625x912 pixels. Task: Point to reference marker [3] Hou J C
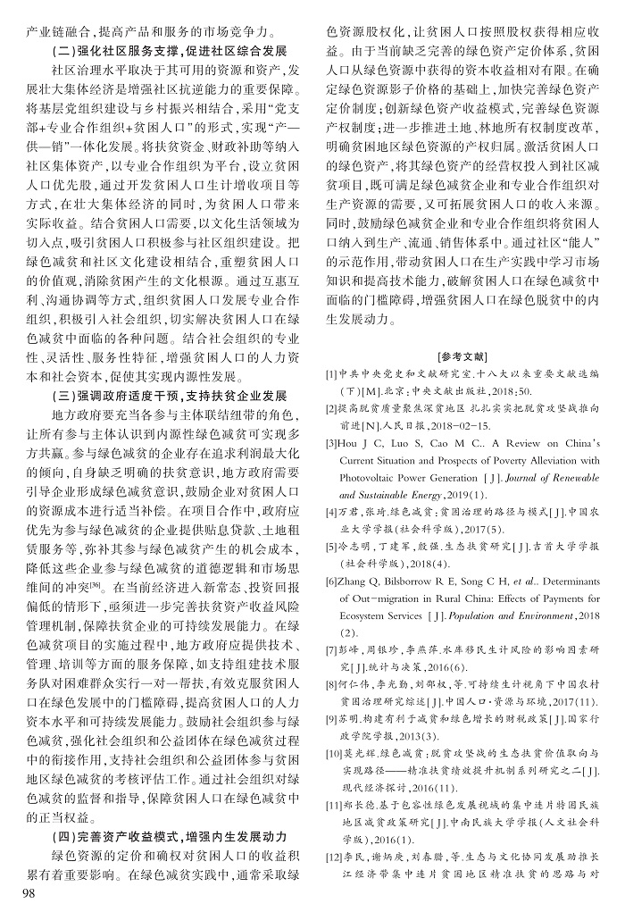click(x=331, y=443)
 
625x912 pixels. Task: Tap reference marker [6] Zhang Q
click(x=331, y=581)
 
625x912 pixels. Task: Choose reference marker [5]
click(x=331, y=547)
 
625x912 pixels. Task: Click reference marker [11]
click(x=334, y=807)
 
